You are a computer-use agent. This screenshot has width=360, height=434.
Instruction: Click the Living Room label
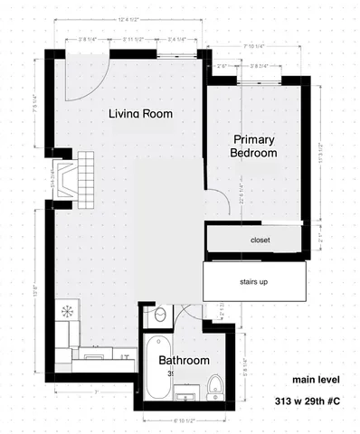coord(140,114)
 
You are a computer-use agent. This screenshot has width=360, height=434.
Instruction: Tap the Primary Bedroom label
coord(253,146)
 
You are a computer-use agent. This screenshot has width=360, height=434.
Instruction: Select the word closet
coord(260,240)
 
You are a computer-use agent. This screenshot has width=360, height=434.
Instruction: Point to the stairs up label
coord(260,281)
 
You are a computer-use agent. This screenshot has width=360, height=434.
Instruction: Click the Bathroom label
coord(184,361)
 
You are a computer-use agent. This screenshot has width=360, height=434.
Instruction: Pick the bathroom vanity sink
coord(188,394)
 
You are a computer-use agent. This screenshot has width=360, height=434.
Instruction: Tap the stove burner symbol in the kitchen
coord(67,310)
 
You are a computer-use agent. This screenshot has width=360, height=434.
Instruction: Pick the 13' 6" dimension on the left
coord(35,291)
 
